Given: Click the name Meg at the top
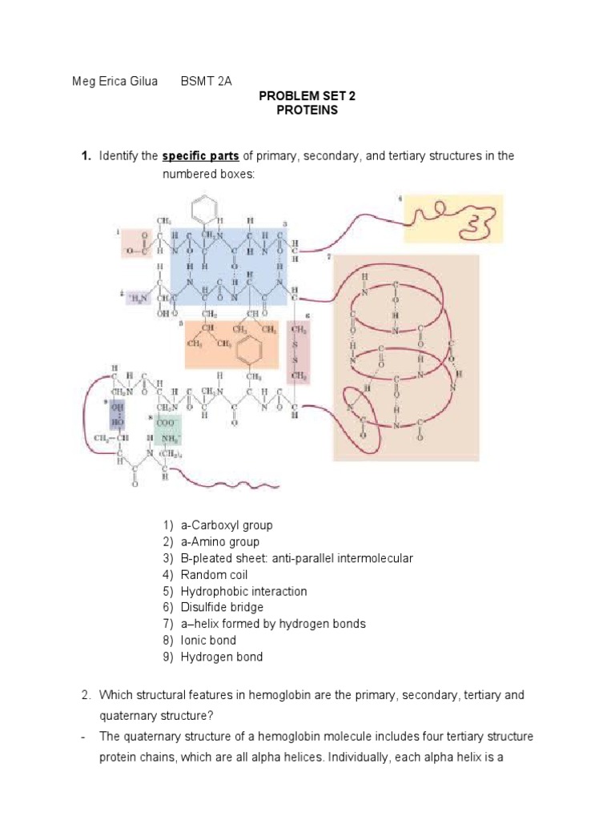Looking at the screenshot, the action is pyautogui.click(x=84, y=81).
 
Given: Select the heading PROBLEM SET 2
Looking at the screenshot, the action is pyautogui.click(x=307, y=96).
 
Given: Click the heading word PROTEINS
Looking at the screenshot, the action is pyautogui.click(x=307, y=111).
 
